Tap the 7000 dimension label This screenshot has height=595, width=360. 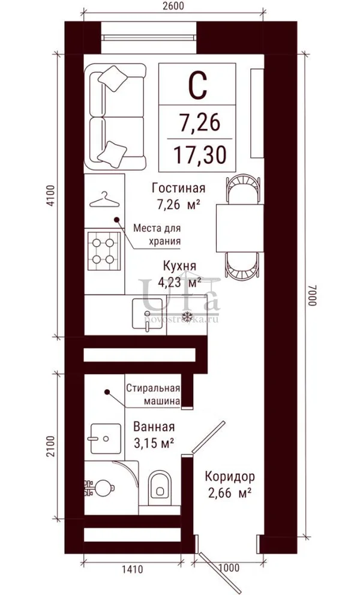[312, 297]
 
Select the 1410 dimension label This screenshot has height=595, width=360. [133, 569]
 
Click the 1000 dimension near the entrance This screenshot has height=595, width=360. [230, 567]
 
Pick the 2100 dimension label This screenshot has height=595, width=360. [52, 446]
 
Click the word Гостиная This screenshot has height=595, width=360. [178, 188]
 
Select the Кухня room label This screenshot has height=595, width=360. [180, 265]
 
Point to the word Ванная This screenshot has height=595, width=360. [154, 426]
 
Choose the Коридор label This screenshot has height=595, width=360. [230, 476]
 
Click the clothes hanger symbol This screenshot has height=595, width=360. [104, 200]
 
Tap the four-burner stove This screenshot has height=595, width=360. [104, 251]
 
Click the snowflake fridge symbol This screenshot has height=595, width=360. [186, 315]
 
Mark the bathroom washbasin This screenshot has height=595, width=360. [106, 438]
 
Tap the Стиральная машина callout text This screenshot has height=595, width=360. [152, 394]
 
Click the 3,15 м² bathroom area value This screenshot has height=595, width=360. [154, 442]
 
